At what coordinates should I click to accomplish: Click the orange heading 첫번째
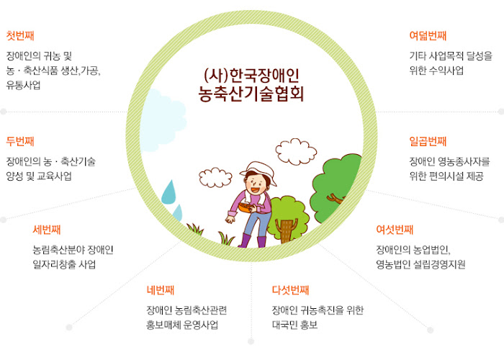tap(20, 35)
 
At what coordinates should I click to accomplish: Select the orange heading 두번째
tap(20, 141)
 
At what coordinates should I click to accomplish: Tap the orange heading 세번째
tap(47, 230)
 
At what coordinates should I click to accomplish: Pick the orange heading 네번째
tap(161, 290)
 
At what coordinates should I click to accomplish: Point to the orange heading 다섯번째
tap(290, 290)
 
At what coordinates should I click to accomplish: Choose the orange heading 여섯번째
tap(395, 230)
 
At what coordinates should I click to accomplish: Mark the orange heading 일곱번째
tap(428, 141)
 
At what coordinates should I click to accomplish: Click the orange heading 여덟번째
tap(428, 35)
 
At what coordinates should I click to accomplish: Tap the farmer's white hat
tap(259, 171)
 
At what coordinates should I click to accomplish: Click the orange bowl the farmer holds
tap(247, 207)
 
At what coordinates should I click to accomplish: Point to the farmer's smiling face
tap(256, 184)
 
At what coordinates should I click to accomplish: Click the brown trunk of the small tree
tap(284, 230)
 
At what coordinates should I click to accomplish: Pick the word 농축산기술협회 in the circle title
tap(251, 94)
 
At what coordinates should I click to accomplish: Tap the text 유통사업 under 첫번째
tap(24, 85)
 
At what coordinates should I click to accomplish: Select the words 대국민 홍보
tap(294, 325)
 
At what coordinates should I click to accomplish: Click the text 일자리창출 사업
tap(64, 264)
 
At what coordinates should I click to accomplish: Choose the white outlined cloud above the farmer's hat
tap(296, 151)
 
